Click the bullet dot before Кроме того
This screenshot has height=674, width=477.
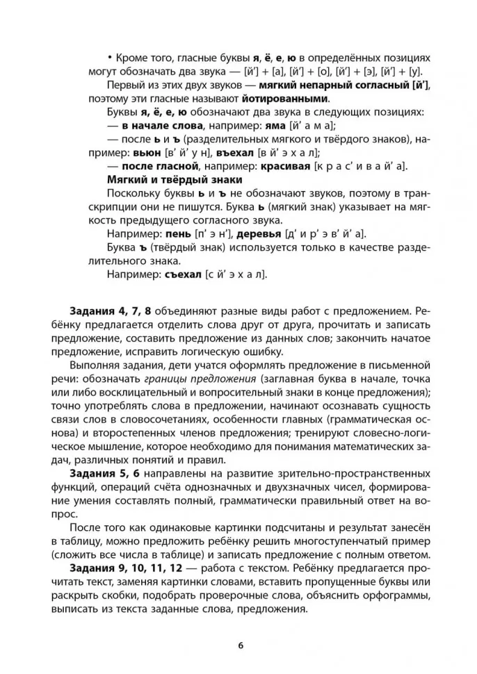tap(110, 58)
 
